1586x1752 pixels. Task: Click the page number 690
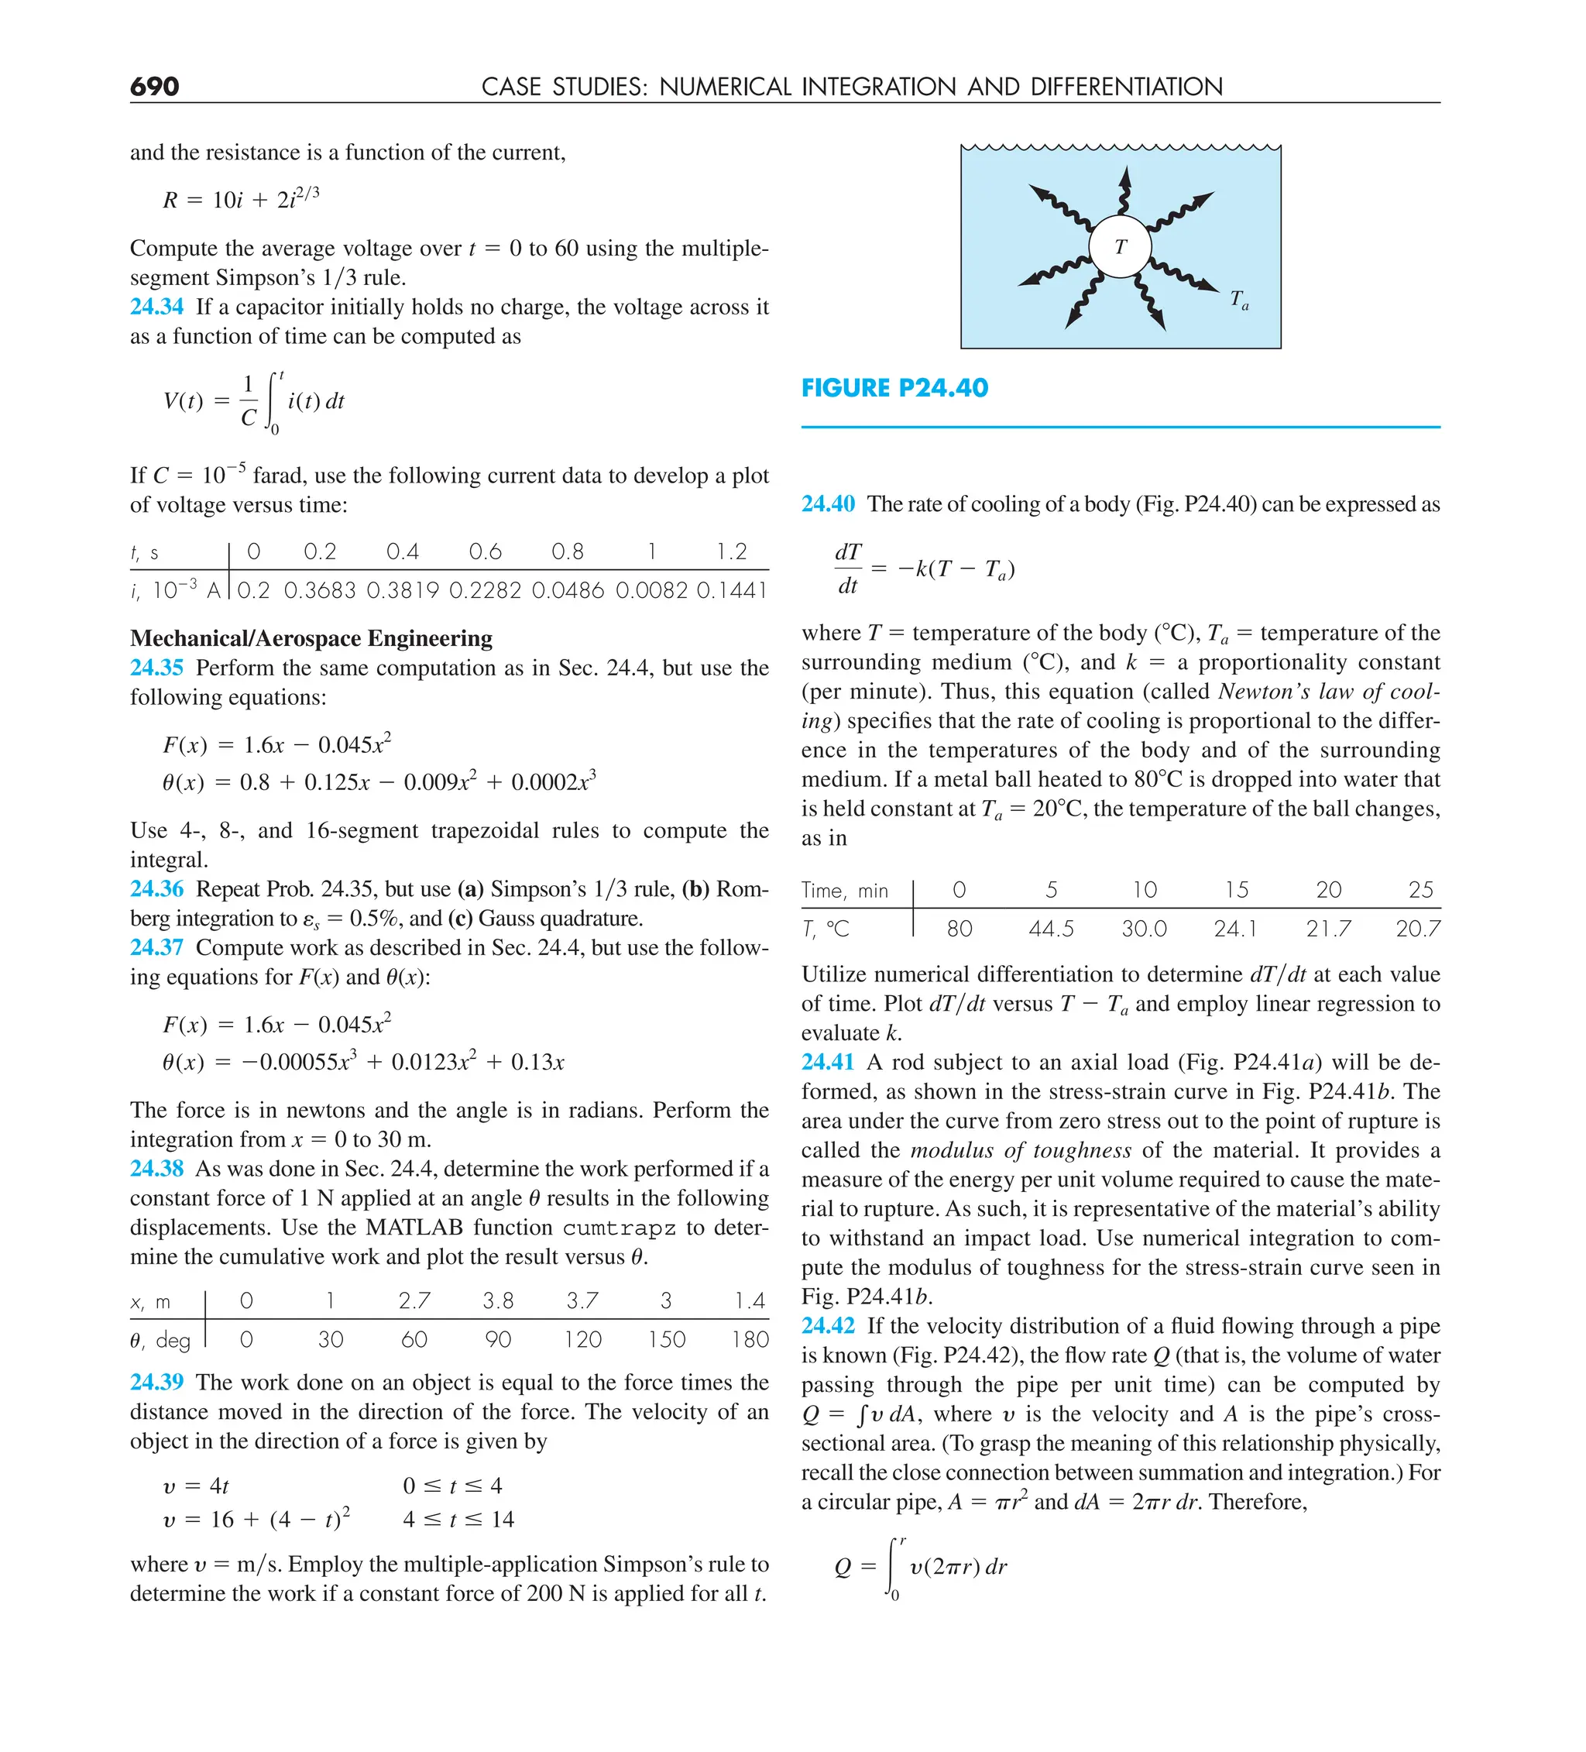[155, 87]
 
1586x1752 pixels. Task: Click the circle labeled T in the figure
[1121, 247]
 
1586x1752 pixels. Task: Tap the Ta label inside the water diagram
[1239, 301]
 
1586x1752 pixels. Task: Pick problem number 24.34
[157, 307]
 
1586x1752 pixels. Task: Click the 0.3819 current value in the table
[403, 591]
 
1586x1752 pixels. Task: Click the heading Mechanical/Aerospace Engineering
[311, 639]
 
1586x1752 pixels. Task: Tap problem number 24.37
[157, 947]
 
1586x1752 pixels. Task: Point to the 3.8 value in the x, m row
[498, 1301]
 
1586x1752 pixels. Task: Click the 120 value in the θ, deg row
[582, 1340]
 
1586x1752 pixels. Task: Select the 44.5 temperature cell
[1051, 929]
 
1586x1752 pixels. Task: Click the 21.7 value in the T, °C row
[1328, 929]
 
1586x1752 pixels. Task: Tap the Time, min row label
[845, 891]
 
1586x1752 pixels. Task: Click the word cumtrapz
[619, 1228]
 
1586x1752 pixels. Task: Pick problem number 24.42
[828, 1326]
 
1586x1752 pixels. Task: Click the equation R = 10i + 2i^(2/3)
[242, 199]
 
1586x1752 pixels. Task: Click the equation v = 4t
[197, 1487]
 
